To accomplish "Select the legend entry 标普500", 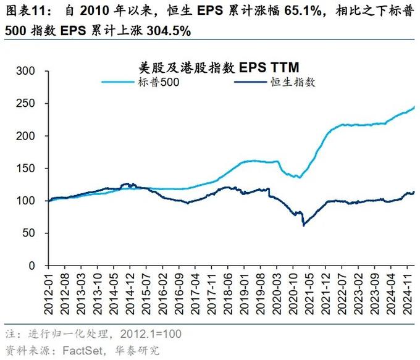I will [158, 82].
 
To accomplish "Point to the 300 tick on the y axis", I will [33, 71].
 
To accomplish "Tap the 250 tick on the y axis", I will [33, 104].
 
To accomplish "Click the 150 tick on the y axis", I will [33, 169].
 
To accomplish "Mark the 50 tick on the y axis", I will [36, 233].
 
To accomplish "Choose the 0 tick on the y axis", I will [38, 266].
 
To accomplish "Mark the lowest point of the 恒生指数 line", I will [303, 225].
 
